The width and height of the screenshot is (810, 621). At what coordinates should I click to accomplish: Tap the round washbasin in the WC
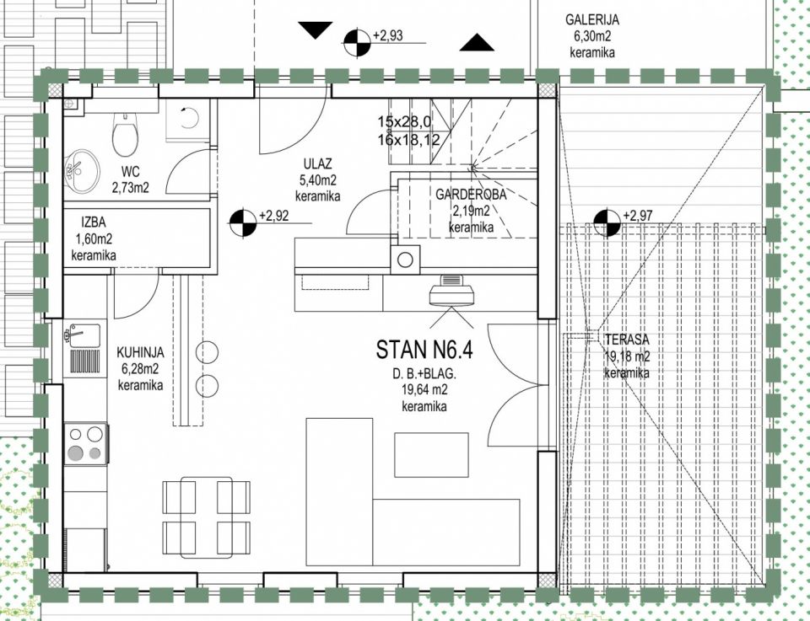(x=82, y=171)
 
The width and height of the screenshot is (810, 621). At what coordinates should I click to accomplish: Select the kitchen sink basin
(x=84, y=335)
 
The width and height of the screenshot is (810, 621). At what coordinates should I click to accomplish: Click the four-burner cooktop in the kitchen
(x=86, y=443)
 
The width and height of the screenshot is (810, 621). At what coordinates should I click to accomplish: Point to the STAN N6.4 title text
(x=424, y=350)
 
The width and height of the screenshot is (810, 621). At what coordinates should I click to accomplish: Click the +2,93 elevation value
(x=387, y=35)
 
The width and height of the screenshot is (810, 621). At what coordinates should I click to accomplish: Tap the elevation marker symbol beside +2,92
(x=243, y=222)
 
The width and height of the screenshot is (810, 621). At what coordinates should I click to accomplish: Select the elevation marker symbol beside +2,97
(x=607, y=222)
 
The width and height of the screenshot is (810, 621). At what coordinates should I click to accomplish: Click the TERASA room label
(x=627, y=340)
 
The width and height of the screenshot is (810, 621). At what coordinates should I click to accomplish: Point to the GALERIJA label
(x=592, y=19)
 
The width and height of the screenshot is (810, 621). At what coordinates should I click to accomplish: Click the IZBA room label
(x=94, y=222)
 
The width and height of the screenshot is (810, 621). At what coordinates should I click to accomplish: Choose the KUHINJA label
(x=140, y=353)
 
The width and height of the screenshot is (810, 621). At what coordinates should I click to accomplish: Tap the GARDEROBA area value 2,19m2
(x=471, y=211)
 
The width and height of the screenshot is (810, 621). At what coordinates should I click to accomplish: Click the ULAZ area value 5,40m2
(x=318, y=180)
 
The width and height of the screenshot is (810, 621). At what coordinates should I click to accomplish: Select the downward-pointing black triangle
(x=315, y=30)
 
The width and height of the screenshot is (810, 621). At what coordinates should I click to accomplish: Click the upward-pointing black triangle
(x=476, y=43)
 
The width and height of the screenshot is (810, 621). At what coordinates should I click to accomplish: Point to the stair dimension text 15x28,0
(x=404, y=122)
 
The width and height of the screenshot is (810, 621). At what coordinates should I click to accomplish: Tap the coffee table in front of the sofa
(x=431, y=455)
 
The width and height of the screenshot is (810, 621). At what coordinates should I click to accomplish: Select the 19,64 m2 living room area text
(x=424, y=390)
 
